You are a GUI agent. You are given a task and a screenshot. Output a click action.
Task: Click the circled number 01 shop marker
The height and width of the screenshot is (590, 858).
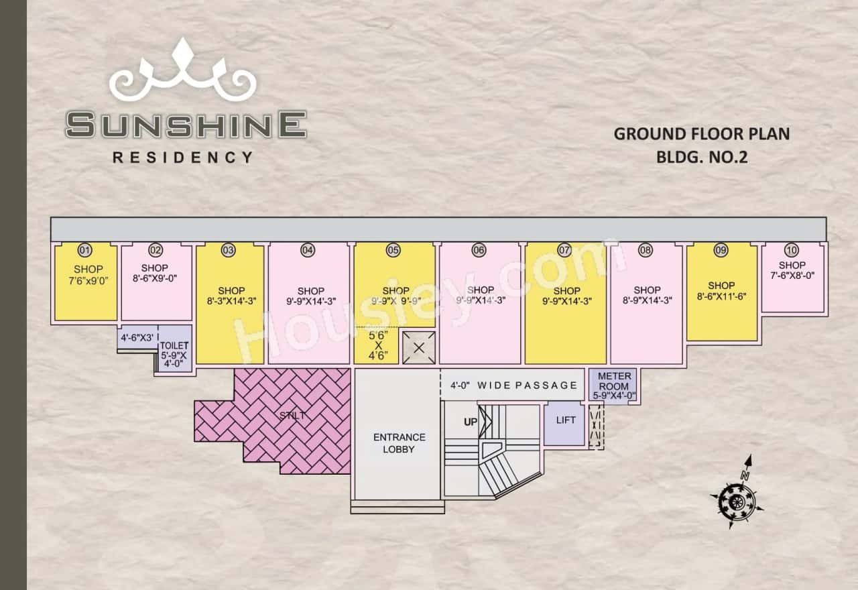[x=84, y=251]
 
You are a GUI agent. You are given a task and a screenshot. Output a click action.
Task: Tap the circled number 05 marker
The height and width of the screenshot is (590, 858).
[x=393, y=251]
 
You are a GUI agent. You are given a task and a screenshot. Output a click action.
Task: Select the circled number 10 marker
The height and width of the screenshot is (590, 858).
[x=792, y=251]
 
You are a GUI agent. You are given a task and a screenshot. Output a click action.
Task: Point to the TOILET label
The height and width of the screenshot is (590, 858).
[x=174, y=345]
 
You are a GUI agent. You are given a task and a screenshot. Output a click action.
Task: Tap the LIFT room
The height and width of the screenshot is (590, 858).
[x=566, y=420]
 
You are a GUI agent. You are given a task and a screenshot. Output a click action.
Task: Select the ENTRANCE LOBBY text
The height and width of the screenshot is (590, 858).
[x=399, y=443]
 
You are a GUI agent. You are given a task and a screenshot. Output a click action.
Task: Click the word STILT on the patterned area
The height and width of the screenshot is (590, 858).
[x=293, y=416]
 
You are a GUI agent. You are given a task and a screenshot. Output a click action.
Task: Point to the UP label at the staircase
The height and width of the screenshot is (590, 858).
[x=471, y=422]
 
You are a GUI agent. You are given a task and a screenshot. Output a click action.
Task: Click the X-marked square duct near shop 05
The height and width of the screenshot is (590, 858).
[x=419, y=348]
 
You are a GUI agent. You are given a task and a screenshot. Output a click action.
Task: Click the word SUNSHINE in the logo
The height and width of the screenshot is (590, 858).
[x=186, y=125]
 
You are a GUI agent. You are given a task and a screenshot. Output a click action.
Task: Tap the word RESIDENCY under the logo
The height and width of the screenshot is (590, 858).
[x=183, y=158]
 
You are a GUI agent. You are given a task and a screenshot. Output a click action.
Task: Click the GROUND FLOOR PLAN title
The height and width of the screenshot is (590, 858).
[x=701, y=133]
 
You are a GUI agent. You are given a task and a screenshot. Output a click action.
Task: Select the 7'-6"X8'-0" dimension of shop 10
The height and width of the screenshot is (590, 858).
[x=792, y=275]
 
